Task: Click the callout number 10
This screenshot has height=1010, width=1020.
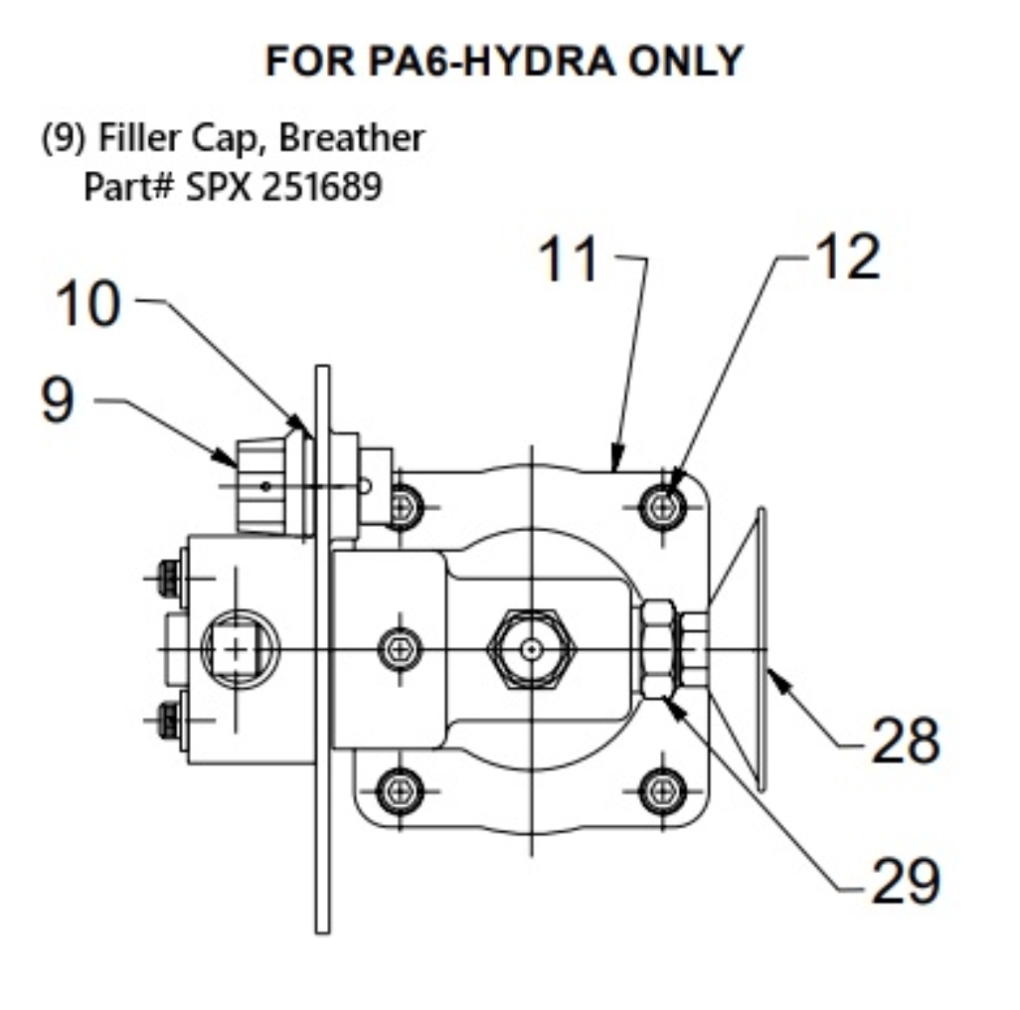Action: point(87,304)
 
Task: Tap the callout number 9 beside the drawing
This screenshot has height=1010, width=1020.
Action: point(58,401)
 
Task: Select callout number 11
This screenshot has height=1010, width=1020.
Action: point(568,260)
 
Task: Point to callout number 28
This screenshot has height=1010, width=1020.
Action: point(905,740)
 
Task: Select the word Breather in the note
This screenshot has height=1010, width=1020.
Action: point(351,138)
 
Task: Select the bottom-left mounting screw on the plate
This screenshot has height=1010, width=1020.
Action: point(400,791)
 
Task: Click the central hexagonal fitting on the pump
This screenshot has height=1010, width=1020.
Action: point(531,649)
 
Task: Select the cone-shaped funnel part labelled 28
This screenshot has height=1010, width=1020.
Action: point(741,649)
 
